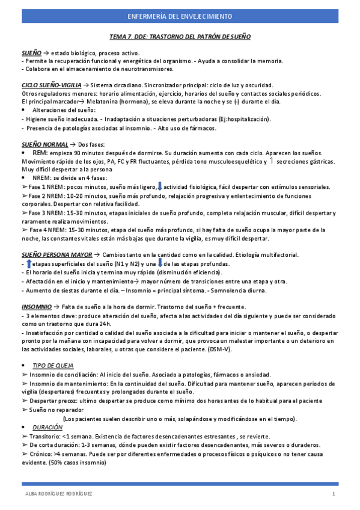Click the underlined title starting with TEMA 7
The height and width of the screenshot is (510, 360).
coord(180,37)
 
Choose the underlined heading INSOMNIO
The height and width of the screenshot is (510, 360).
coord(36,307)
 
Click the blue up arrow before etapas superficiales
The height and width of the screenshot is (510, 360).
coord(28,264)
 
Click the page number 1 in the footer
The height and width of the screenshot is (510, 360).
coord(333,494)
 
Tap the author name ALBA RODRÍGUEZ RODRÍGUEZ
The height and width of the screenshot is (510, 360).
coord(58,494)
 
